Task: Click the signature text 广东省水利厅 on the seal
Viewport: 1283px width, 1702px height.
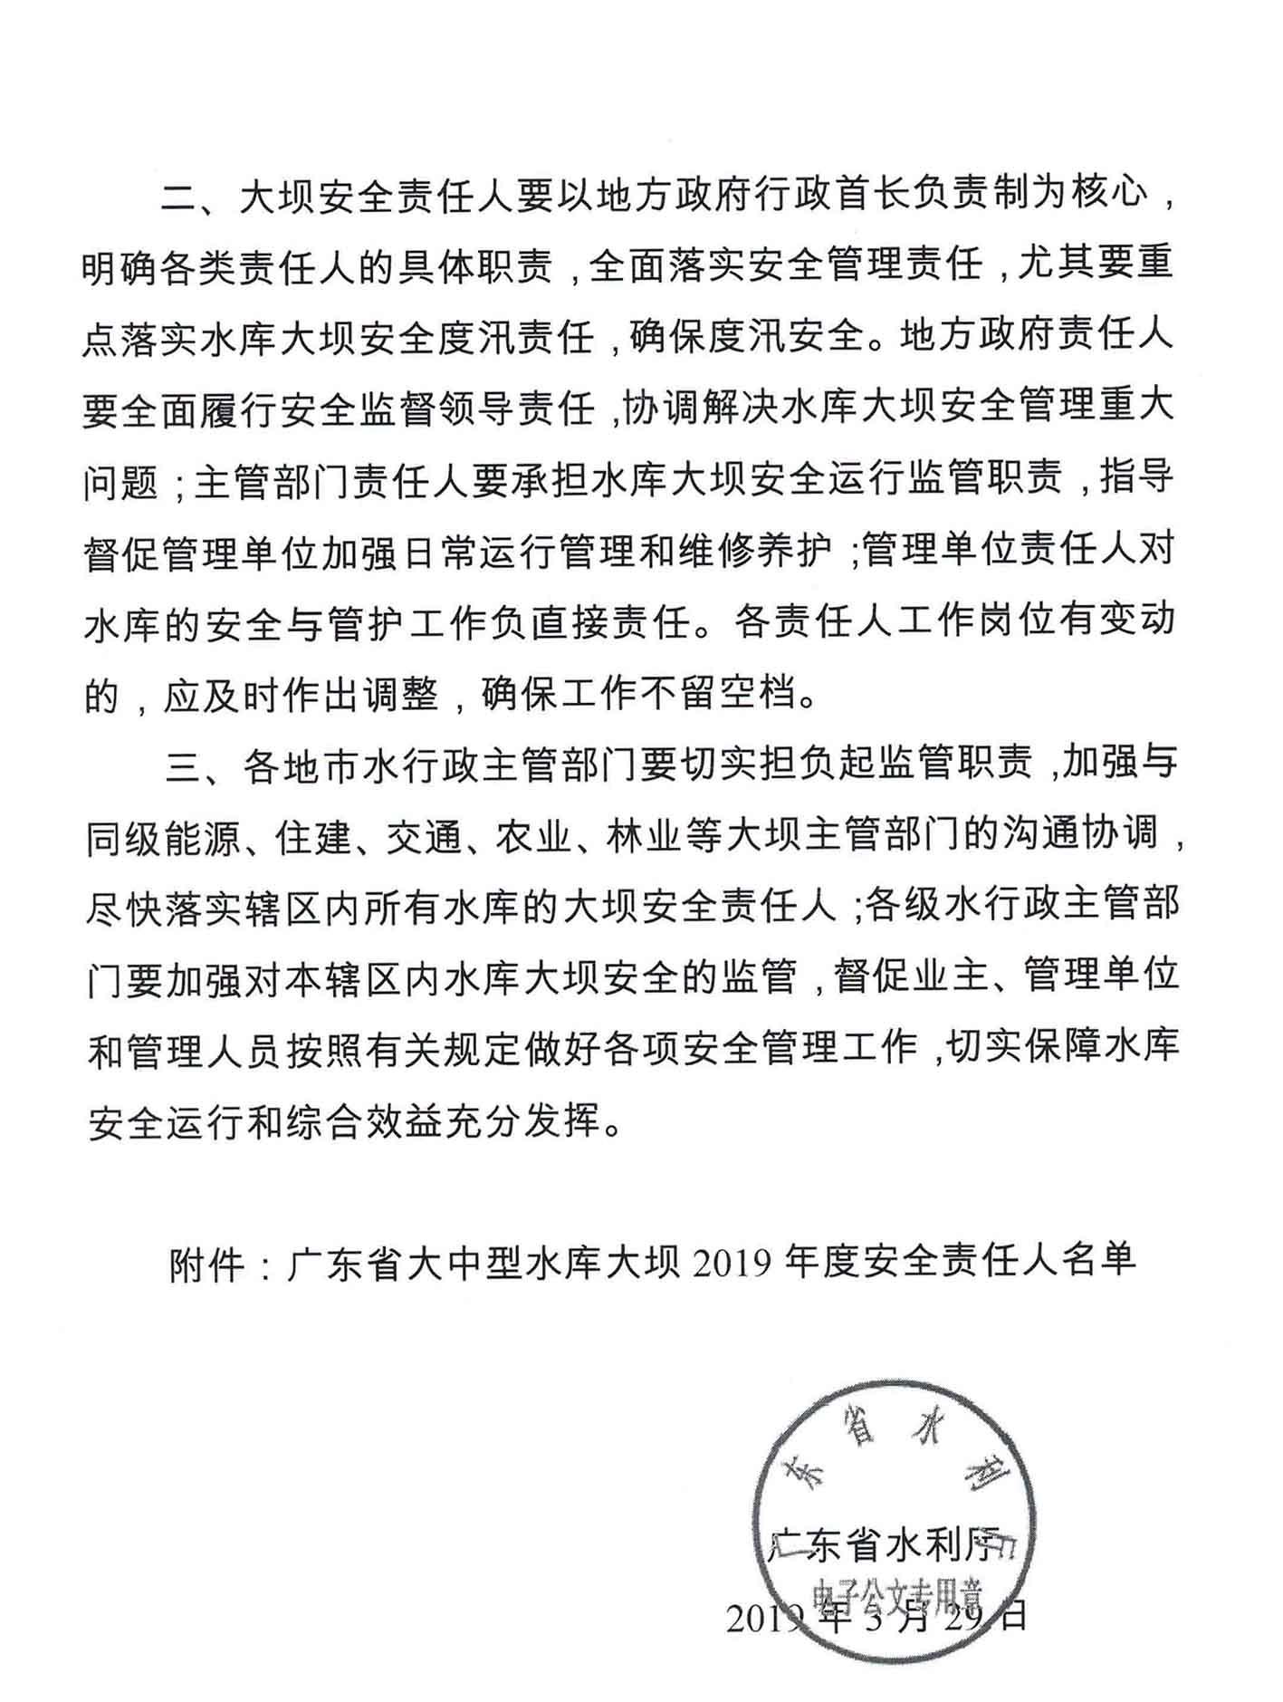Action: pos(885,1546)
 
